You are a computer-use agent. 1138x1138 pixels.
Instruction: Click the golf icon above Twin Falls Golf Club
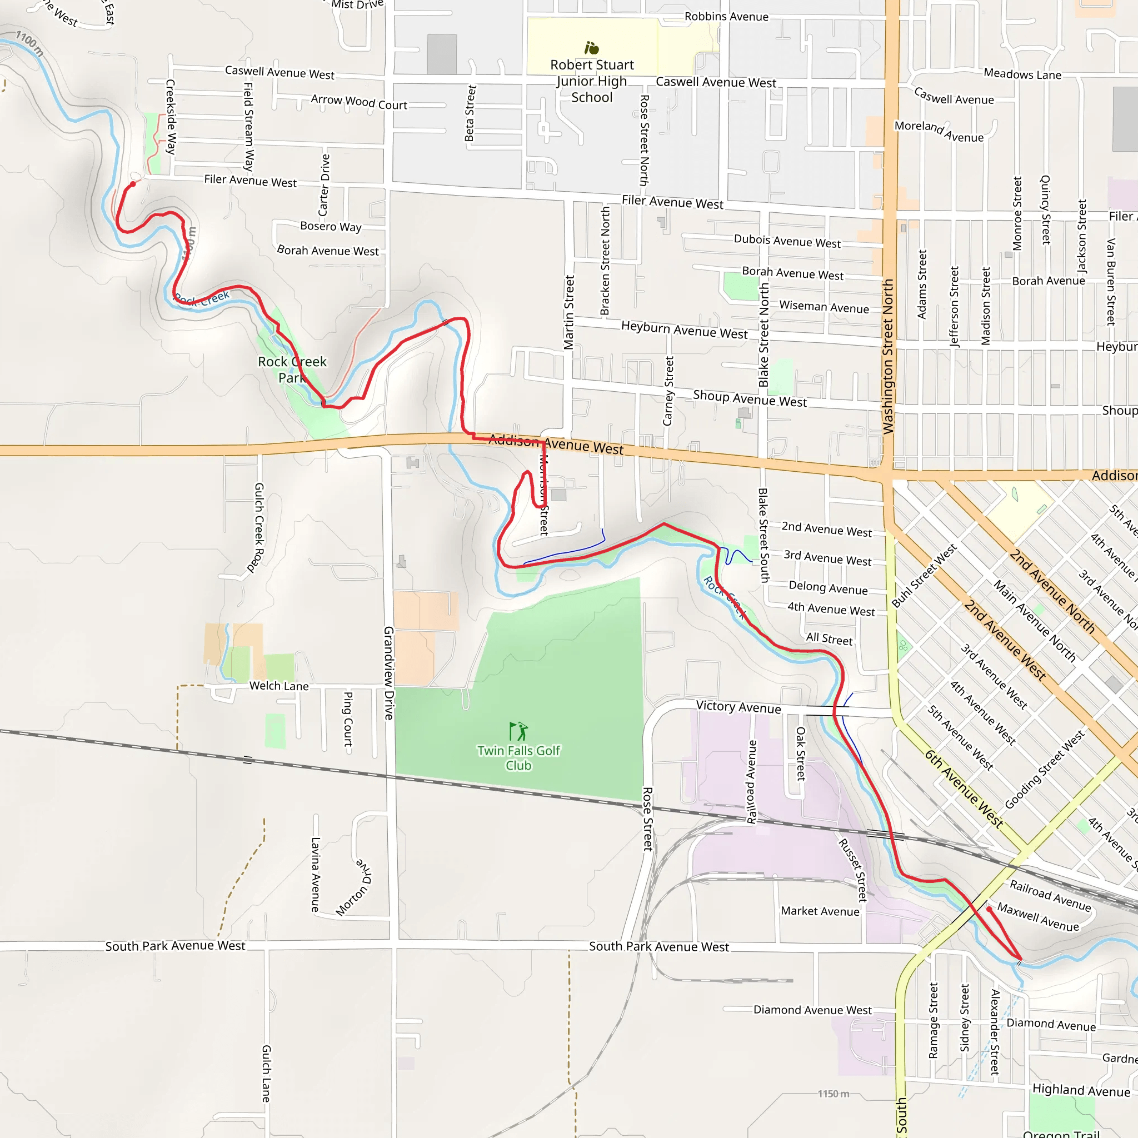tap(518, 731)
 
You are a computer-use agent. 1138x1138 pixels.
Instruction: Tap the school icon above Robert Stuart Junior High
tap(591, 48)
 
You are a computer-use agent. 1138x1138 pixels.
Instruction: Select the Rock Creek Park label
tap(292, 370)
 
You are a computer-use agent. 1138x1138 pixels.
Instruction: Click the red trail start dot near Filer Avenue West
tap(133, 184)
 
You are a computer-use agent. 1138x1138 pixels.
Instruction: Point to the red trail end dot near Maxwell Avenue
tap(989, 909)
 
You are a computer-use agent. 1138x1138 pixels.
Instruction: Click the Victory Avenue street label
tap(738, 707)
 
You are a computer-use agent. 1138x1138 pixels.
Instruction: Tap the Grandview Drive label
tap(389, 673)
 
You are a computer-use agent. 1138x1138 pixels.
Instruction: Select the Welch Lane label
tap(278, 686)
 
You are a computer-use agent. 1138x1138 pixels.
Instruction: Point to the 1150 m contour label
tap(833, 1094)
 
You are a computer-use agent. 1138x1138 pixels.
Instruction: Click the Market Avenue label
tap(820, 911)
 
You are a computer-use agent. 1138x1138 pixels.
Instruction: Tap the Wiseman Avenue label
tap(823, 307)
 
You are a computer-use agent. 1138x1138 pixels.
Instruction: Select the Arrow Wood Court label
tap(359, 102)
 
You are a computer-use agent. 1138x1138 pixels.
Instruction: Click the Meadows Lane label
tap(1022, 74)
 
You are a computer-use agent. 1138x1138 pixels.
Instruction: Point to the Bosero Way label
tap(331, 226)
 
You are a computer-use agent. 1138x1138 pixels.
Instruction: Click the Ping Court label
tap(348, 719)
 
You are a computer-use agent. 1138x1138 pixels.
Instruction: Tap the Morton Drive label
tap(354, 887)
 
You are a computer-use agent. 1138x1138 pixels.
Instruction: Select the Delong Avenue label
tap(827, 587)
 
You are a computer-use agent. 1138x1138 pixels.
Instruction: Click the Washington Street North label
tap(887, 356)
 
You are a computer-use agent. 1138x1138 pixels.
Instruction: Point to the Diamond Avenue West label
tap(812, 1010)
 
